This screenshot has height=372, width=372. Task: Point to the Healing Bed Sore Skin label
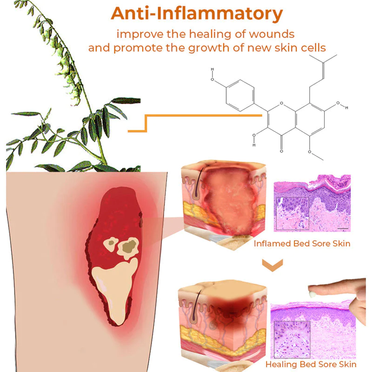click(311, 365)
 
